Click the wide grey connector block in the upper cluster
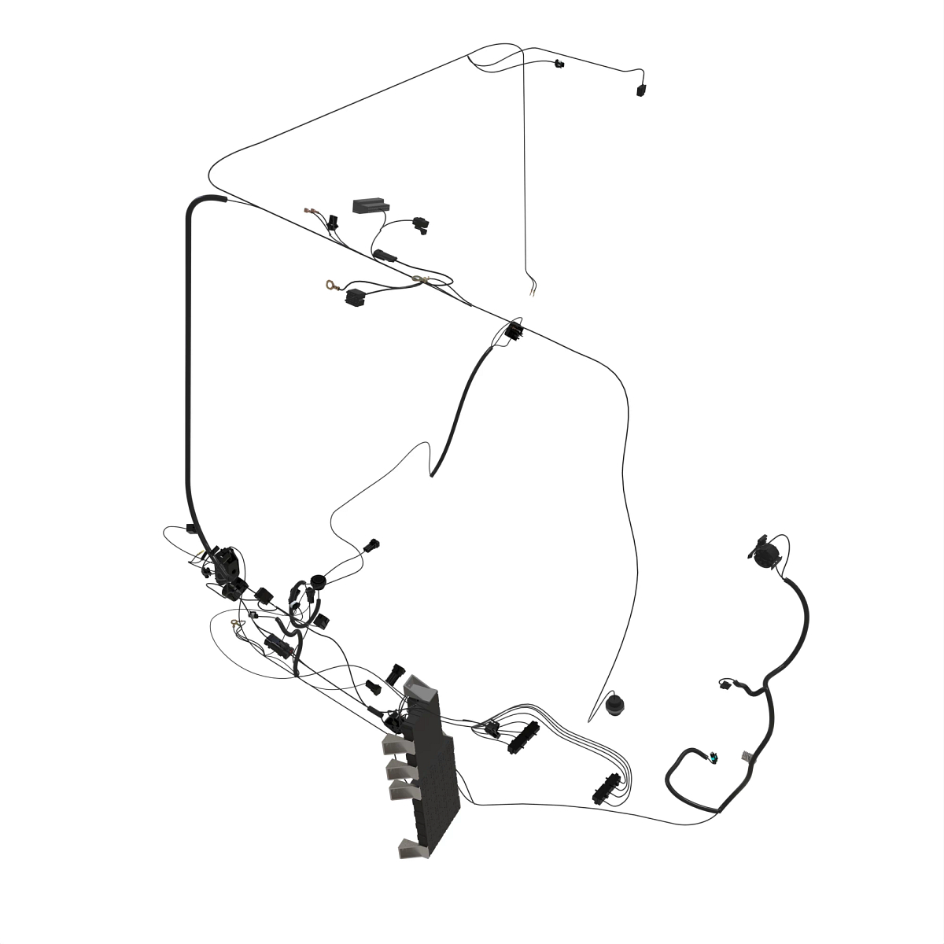[x=370, y=205]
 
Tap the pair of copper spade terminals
[x=311, y=211]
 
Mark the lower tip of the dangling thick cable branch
[x=433, y=474]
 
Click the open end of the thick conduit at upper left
[x=223, y=199]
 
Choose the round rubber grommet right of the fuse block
[x=614, y=705]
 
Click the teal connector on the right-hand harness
[x=714, y=758]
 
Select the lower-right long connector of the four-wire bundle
[x=605, y=789]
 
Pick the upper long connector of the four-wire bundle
[x=522, y=738]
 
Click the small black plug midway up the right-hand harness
[x=724, y=684]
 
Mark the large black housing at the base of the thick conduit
[x=227, y=560]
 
